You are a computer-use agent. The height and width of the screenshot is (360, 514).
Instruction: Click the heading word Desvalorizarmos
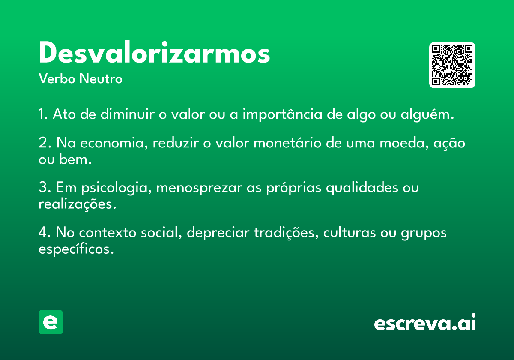pos(154,52)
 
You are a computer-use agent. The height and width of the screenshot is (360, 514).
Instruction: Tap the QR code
pos(452,65)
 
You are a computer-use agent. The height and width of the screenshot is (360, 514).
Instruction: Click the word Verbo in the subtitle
pos(57,78)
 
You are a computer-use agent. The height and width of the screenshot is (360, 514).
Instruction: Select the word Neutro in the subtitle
pos(101,78)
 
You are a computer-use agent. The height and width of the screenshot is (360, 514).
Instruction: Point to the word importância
pos(282,114)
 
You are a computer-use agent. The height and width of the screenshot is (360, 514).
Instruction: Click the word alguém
pos(427,114)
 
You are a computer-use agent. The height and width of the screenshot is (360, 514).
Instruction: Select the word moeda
pos(404,143)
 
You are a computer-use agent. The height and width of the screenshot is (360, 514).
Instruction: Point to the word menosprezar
pos(199,188)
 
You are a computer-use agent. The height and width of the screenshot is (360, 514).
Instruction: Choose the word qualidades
pos(362,188)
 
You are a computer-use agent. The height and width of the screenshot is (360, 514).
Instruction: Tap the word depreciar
pos(218,233)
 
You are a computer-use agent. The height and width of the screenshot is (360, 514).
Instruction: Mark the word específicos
pos(76,249)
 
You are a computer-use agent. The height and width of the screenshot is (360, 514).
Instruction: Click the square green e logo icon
pos(51,322)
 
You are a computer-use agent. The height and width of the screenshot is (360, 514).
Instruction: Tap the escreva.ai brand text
pos(425,322)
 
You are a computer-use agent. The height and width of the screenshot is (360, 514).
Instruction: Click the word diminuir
pos(127,114)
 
